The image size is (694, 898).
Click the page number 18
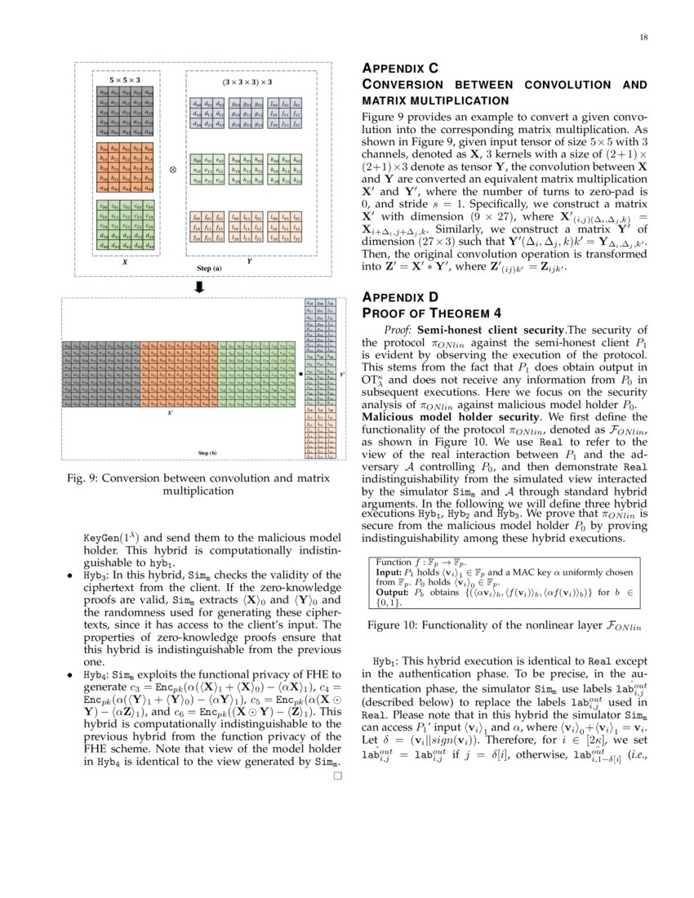click(643, 38)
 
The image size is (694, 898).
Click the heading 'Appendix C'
click(400, 69)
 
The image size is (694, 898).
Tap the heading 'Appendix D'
click(400, 297)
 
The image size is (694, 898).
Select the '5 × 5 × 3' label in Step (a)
click(124, 80)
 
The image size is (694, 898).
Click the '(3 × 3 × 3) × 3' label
click(247, 82)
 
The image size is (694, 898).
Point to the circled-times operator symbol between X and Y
click(173, 169)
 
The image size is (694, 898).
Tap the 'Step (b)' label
click(207, 451)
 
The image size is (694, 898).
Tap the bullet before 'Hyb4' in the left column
click(69, 677)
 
